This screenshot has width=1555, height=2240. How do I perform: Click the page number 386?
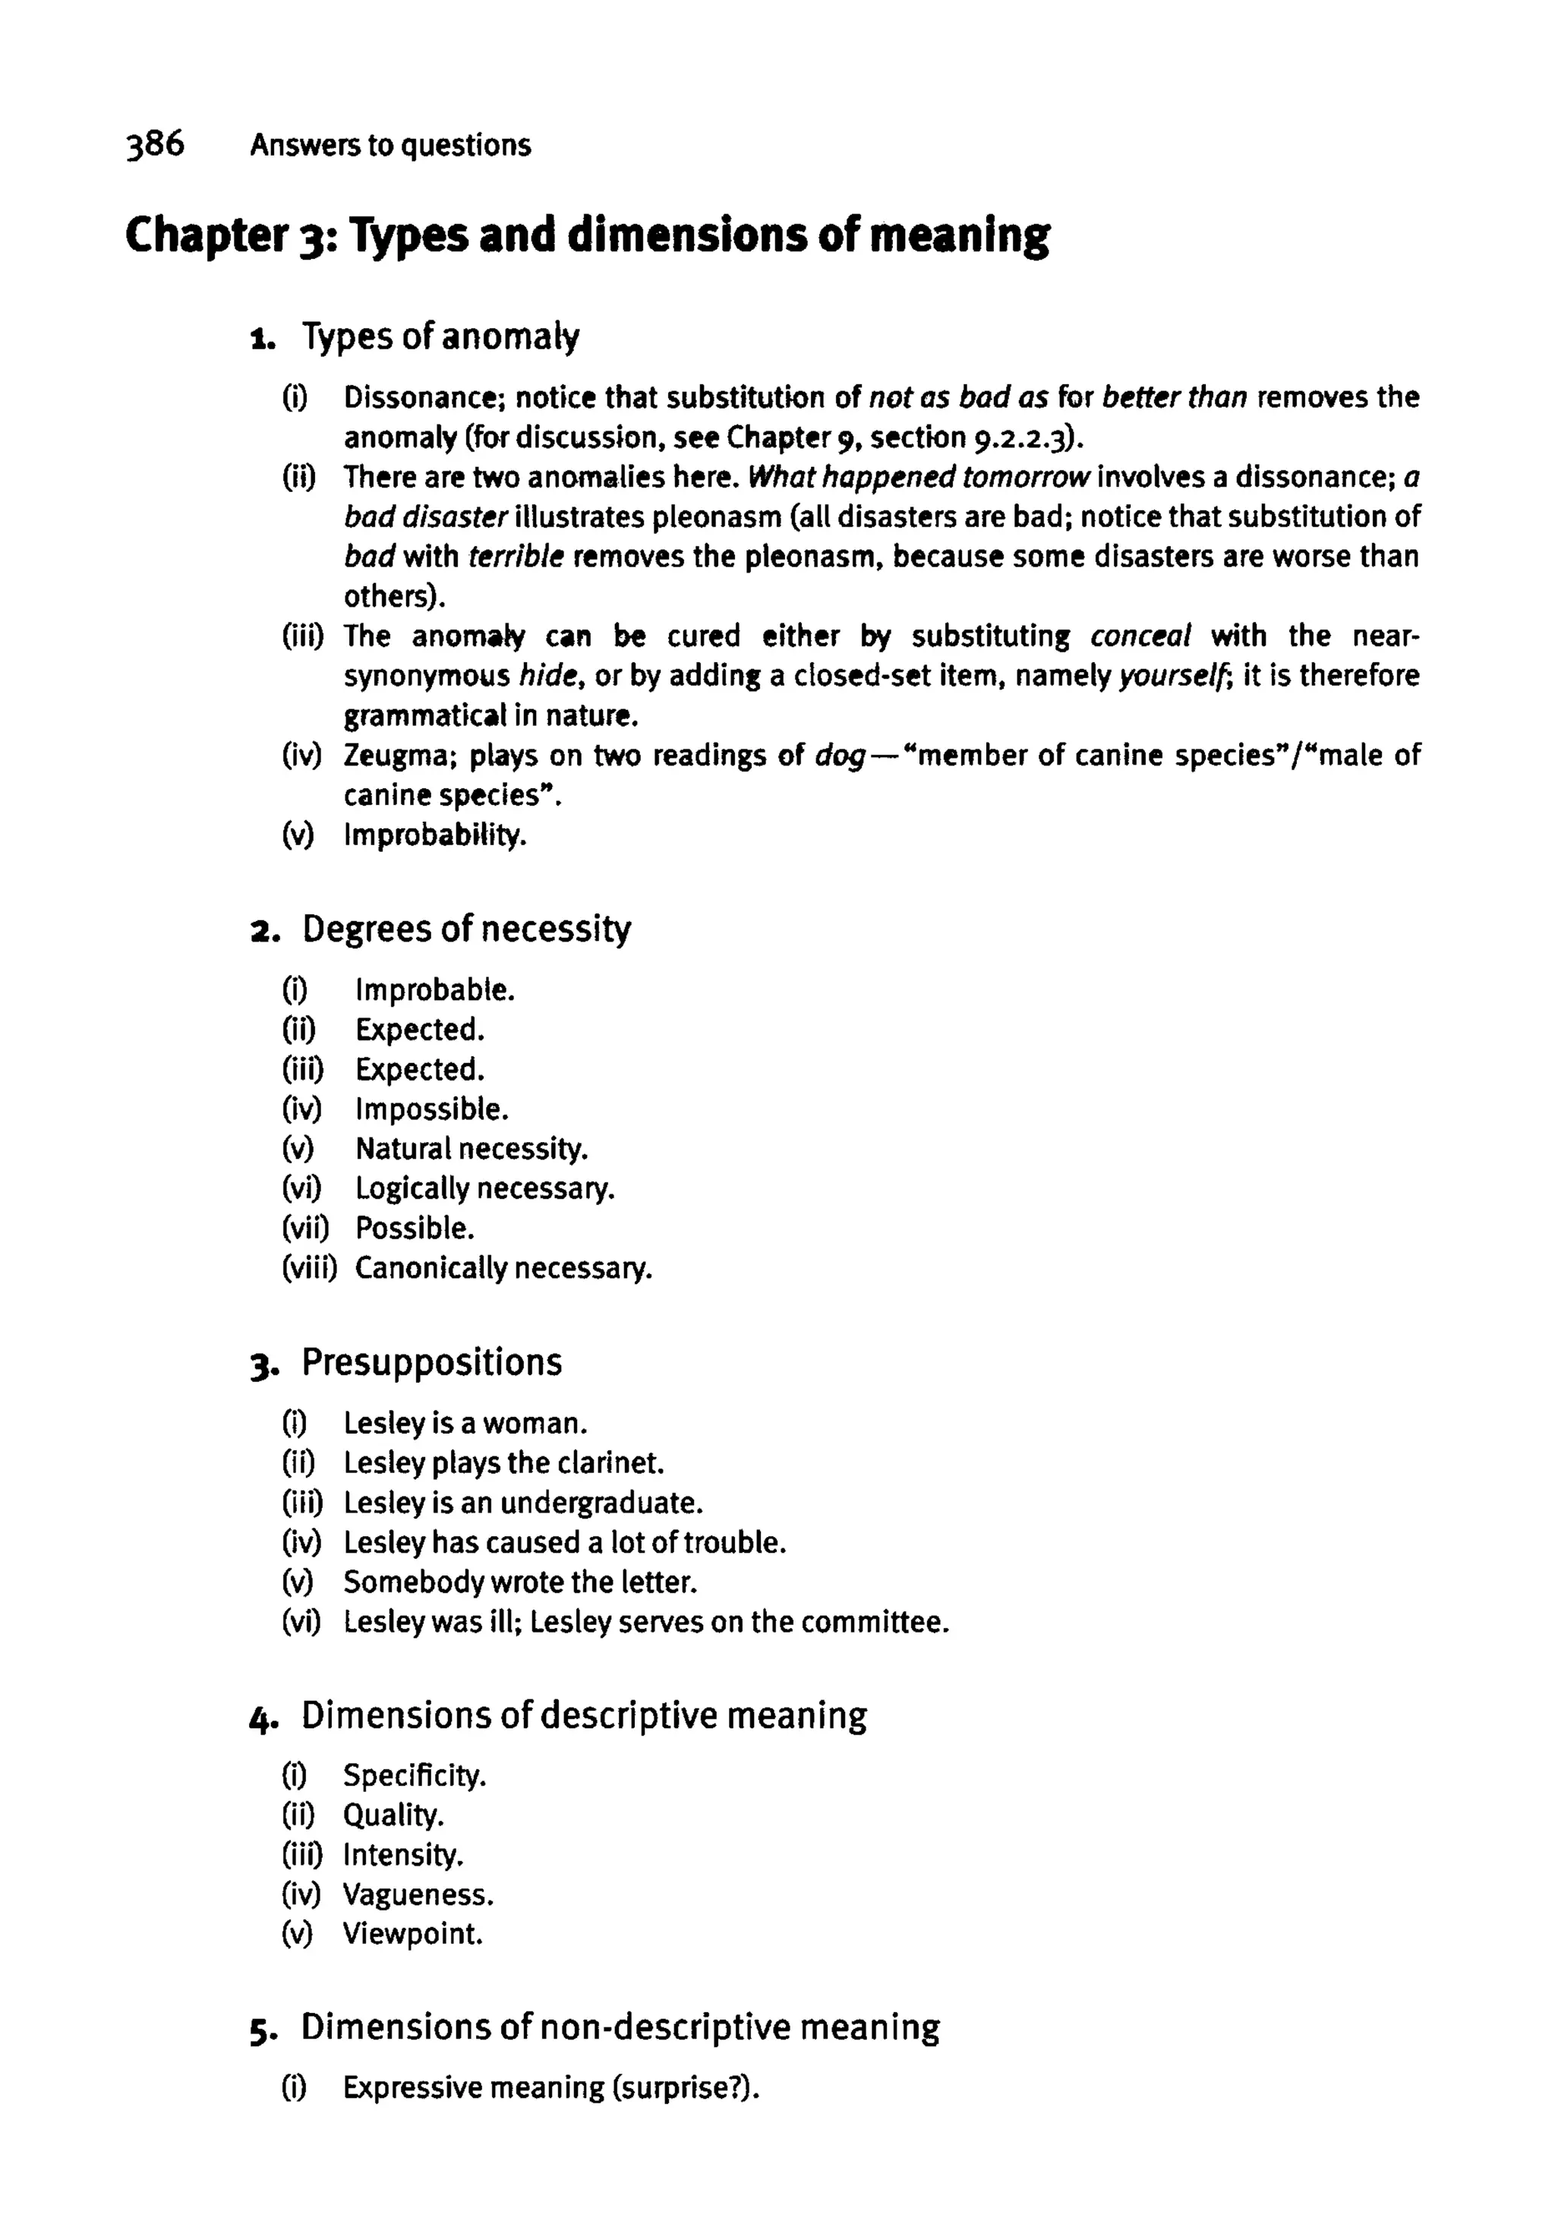155,144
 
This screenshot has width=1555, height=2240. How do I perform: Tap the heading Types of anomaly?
440,337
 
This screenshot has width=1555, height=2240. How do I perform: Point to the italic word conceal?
1140,636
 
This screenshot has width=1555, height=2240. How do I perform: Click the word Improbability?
434,835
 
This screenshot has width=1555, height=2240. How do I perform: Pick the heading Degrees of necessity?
465,929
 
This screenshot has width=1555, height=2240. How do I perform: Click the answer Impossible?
431,1109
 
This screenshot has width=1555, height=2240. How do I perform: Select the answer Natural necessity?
472,1149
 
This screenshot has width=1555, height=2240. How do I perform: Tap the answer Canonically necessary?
503,1269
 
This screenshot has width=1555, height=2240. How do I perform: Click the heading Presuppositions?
431,1362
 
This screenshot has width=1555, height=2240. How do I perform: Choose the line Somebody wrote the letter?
520,1582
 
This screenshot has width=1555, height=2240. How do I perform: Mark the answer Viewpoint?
412,1934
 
